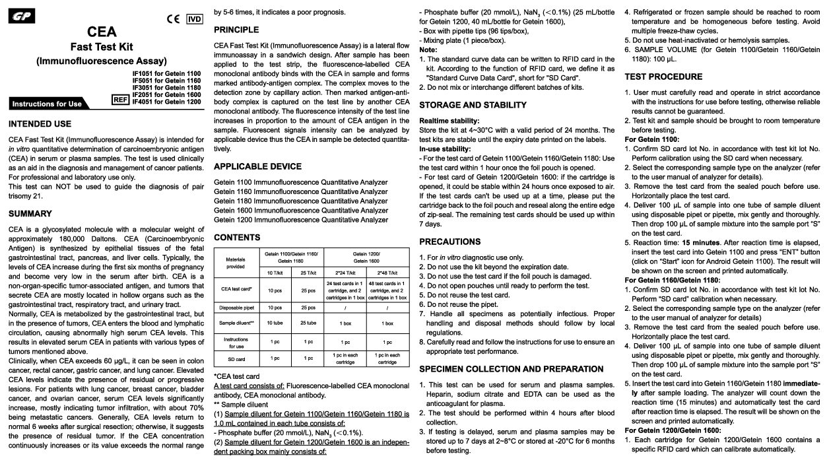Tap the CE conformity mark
174,18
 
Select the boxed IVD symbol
195,18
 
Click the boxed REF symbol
120,100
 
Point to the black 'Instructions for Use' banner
47,104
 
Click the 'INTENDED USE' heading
40,124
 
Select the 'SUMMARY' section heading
30,214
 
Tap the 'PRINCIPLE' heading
236,30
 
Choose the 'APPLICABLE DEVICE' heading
257,166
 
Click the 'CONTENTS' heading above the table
237,238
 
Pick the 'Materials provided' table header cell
235,263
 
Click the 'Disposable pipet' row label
235,308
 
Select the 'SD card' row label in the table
235,359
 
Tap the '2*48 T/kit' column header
387,272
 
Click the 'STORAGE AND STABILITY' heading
473,105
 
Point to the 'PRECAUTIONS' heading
449,242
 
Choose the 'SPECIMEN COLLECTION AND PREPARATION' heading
511,369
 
